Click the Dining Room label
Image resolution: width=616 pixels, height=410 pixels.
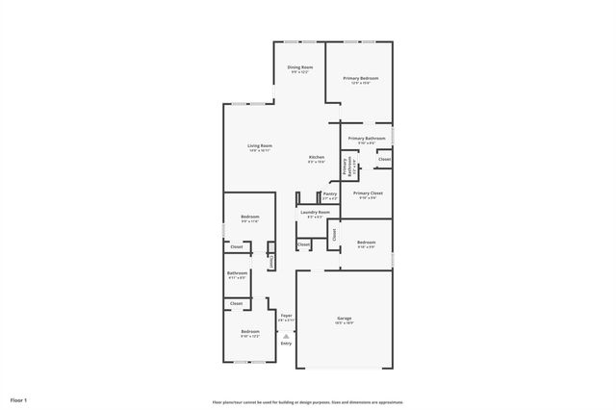tap(300, 67)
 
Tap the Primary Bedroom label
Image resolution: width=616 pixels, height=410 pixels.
tap(361, 78)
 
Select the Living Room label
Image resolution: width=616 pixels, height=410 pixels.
tap(260, 146)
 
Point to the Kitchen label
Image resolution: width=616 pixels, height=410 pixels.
tap(317, 158)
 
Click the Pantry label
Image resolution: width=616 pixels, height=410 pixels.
tap(330, 193)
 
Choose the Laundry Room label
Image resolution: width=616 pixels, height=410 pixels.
tap(315, 212)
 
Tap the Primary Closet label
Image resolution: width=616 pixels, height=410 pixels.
tap(368, 193)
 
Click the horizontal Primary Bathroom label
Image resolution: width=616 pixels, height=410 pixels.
tap(367, 139)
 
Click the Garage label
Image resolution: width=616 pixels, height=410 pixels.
tap(345, 319)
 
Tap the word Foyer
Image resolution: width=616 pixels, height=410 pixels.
tap(286, 315)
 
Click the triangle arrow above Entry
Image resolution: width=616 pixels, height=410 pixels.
tap(286, 334)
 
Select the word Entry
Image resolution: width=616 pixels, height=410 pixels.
tap(286, 343)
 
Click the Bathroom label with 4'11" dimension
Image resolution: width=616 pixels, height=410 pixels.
tap(237, 273)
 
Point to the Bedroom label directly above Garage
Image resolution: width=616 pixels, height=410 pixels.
tap(366, 243)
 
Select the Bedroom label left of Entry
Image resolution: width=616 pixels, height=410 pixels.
tap(250, 331)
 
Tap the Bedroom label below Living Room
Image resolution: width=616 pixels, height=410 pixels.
tap(250, 218)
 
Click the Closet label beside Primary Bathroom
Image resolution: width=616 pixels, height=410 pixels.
tap(384, 159)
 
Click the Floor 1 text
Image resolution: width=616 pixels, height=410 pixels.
tap(19, 399)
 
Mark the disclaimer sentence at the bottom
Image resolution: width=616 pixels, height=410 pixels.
tap(308, 402)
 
